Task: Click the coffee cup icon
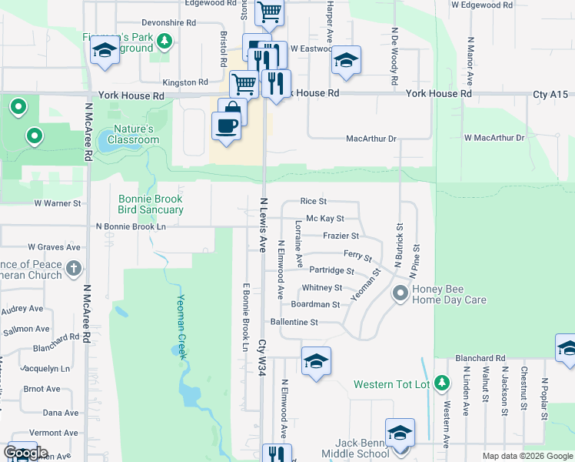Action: (225, 125)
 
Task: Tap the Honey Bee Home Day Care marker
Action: (400, 293)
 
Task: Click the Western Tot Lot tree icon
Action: (441, 383)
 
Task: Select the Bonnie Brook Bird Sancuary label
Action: (151, 203)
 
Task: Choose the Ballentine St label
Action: (294, 322)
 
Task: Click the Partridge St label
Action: (331, 271)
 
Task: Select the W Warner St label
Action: (58, 203)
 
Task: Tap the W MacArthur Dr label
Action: (494, 138)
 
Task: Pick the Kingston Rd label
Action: (185, 82)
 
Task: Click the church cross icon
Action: (73, 269)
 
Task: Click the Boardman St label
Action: (315, 304)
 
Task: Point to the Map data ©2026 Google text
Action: (527, 456)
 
